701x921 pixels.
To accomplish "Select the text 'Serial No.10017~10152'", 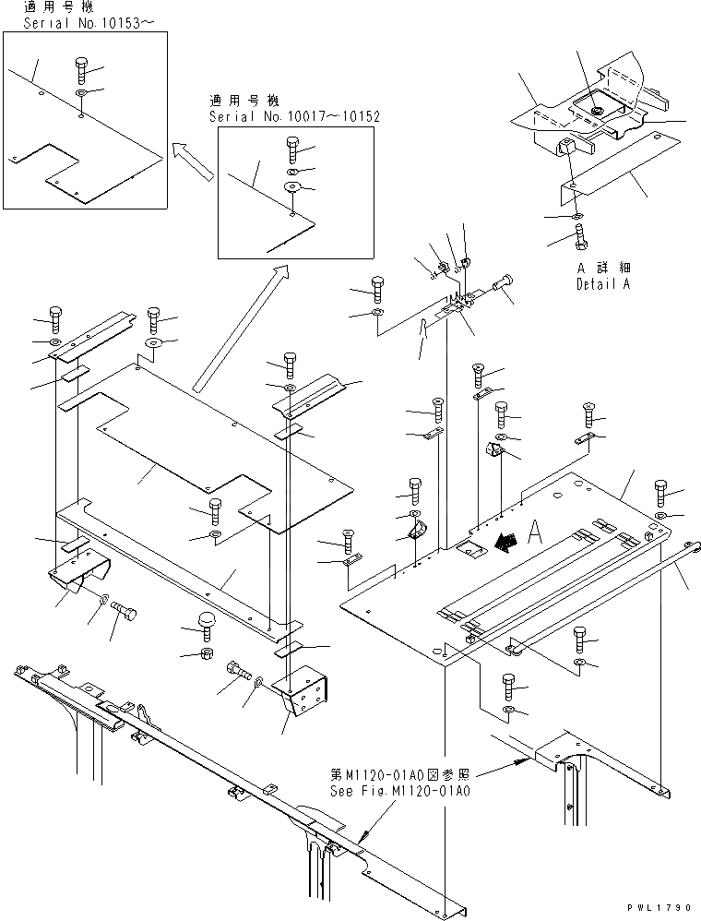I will tap(294, 117).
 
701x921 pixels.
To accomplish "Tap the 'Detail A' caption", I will tap(603, 284).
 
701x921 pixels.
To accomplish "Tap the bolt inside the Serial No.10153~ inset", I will tap(80, 70).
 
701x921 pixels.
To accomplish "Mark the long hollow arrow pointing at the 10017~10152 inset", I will tap(237, 323).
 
